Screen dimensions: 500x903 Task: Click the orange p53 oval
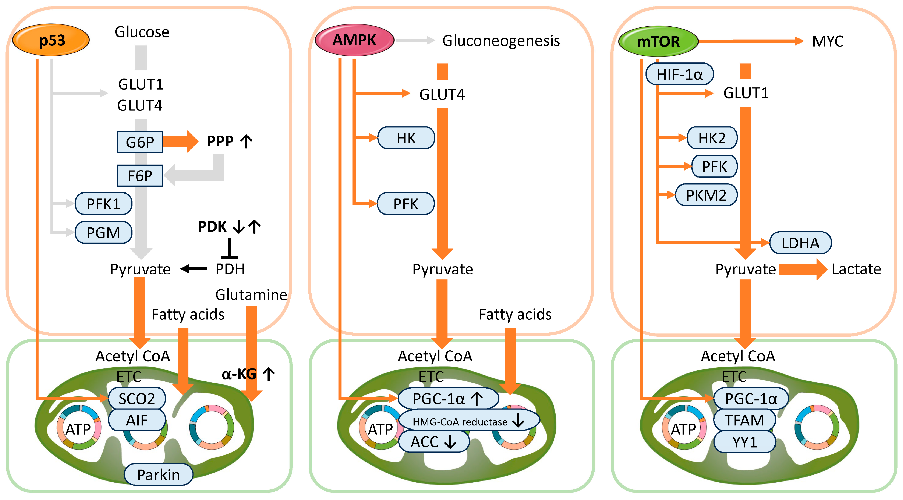(51, 40)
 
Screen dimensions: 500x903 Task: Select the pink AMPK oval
(354, 40)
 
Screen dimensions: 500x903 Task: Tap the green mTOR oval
(658, 41)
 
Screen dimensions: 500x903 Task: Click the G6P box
(140, 142)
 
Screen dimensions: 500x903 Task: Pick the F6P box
(140, 175)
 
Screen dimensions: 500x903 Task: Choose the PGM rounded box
(103, 232)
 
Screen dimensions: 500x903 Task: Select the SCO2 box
(137, 398)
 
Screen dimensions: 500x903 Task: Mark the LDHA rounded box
(800, 243)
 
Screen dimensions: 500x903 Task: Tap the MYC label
(828, 41)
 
